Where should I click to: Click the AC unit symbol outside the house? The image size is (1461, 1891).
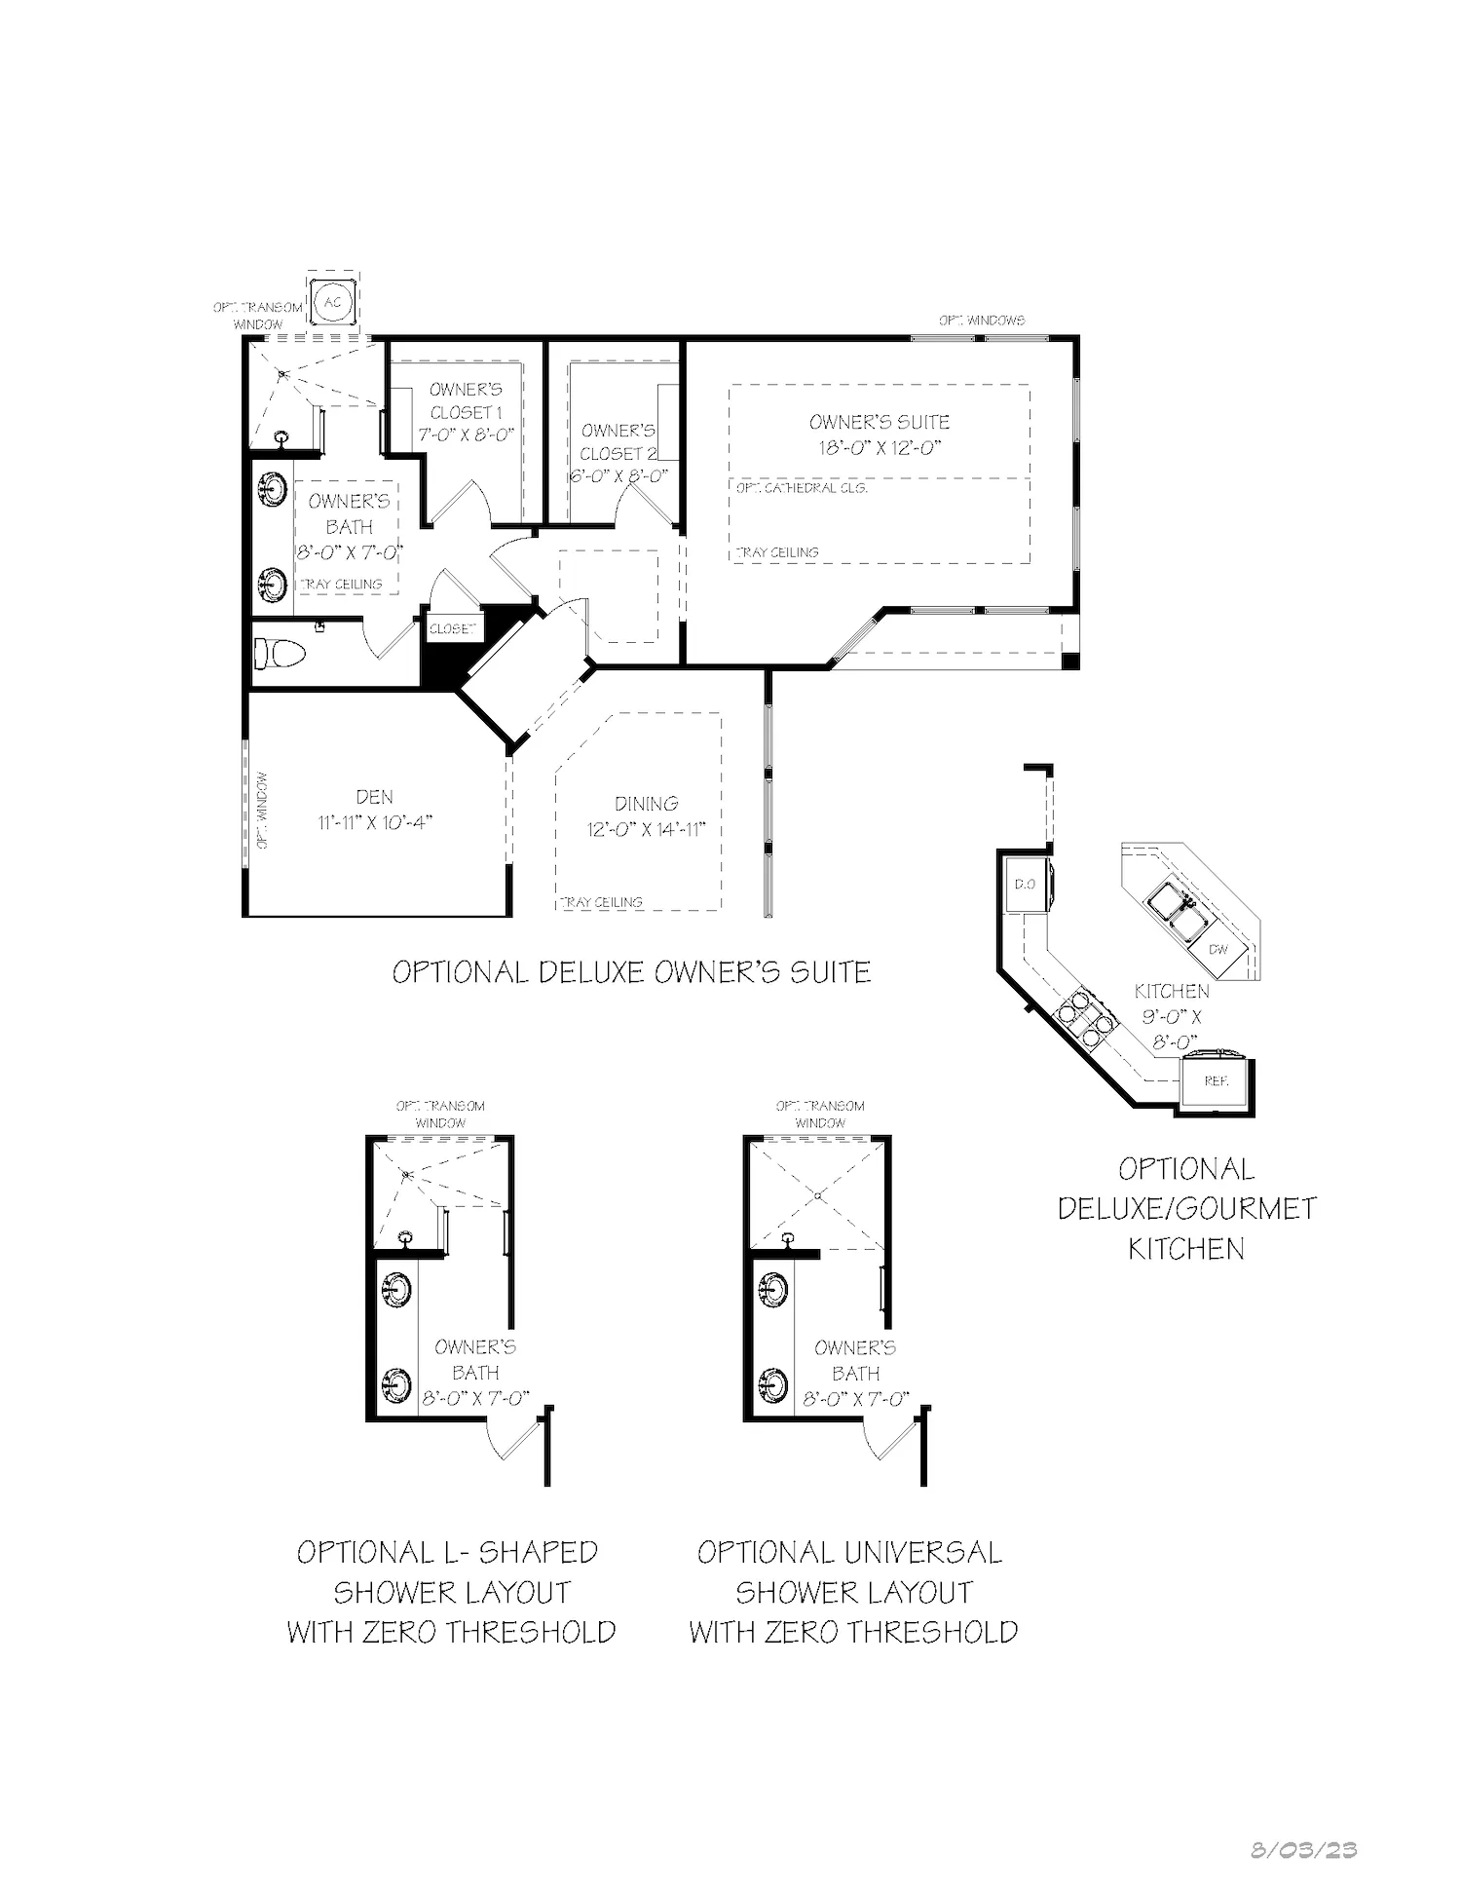click(333, 301)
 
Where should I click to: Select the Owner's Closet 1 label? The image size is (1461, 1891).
click(466, 400)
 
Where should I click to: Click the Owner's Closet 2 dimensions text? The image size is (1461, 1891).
click(618, 476)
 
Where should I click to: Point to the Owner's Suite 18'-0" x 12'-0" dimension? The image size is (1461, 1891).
click(879, 448)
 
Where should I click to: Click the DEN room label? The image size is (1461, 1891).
click(374, 797)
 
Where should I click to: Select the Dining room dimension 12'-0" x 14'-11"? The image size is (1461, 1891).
click(645, 829)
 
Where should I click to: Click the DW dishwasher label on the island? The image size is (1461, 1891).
click(1217, 949)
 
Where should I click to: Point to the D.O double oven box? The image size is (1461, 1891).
click(1024, 885)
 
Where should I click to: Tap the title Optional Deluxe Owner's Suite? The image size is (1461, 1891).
click(631, 972)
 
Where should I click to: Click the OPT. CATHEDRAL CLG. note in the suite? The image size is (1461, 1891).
click(801, 488)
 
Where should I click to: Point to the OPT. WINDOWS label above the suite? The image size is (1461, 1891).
click(981, 321)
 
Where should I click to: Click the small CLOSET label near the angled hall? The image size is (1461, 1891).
click(453, 628)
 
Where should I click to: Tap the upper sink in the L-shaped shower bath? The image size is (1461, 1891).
click(397, 1291)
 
